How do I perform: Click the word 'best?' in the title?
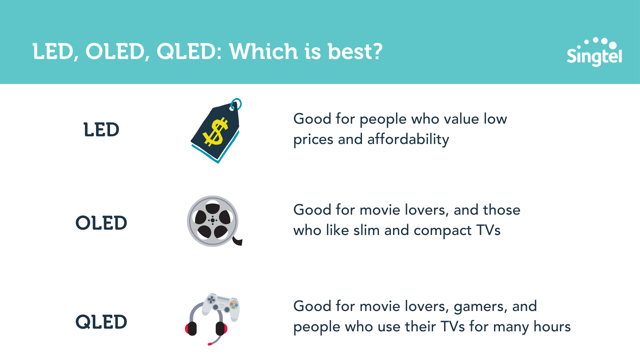click(x=355, y=52)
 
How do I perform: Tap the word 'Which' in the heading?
click(x=263, y=52)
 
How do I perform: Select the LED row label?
click(x=101, y=130)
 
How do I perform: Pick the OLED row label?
click(x=101, y=223)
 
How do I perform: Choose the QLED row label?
click(x=101, y=322)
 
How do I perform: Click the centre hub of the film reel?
click(x=213, y=220)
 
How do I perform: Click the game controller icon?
click(x=221, y=307)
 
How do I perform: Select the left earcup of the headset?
click(x=191, y=328)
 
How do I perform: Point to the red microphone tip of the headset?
click(x=210, y=344)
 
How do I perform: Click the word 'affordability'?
click(x=408, y=139)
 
